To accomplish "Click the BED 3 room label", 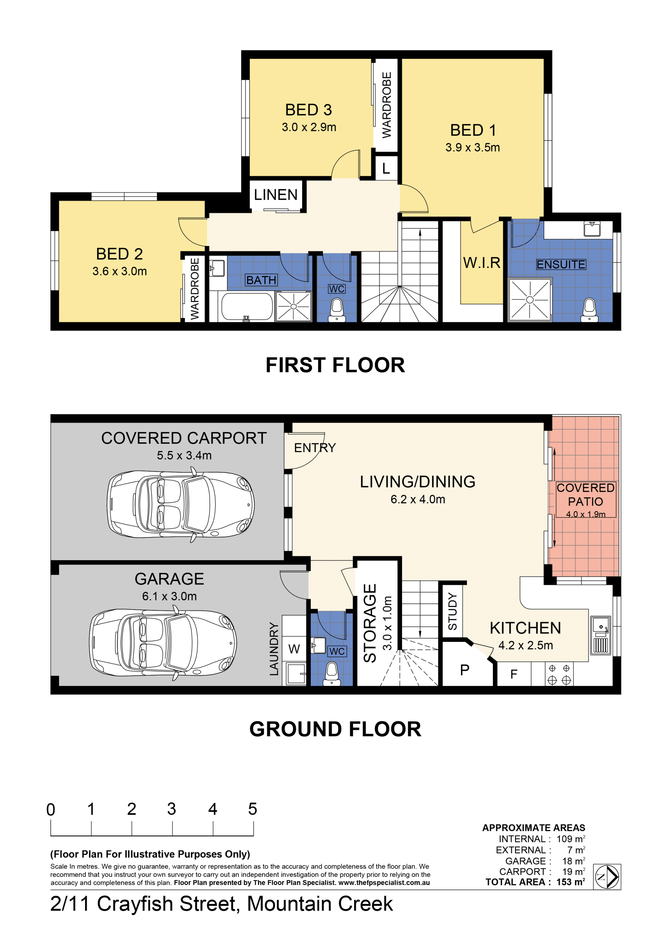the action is point(309,110).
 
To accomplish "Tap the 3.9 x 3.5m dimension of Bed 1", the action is point(472,147).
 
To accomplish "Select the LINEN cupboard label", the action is point(275,195).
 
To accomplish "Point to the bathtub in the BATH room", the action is point(247,307).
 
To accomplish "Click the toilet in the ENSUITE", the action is point(589,310).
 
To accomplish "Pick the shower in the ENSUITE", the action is point(530,300).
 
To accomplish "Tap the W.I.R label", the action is point(482,263).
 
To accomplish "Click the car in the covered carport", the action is point(180,504).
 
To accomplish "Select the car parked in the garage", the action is point(163,642).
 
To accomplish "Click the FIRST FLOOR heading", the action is point(335,365).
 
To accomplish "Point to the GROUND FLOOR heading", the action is point(335,729).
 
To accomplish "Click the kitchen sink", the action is point(600,635).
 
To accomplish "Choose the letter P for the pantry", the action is point(465,670).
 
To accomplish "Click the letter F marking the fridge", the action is point(513,674).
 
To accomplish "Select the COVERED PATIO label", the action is point(586,494).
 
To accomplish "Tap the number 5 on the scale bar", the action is point(252,809).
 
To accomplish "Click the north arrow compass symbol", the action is point(607,877).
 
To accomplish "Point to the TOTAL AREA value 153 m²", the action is point(570,882).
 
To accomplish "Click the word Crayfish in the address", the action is point(168,904).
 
